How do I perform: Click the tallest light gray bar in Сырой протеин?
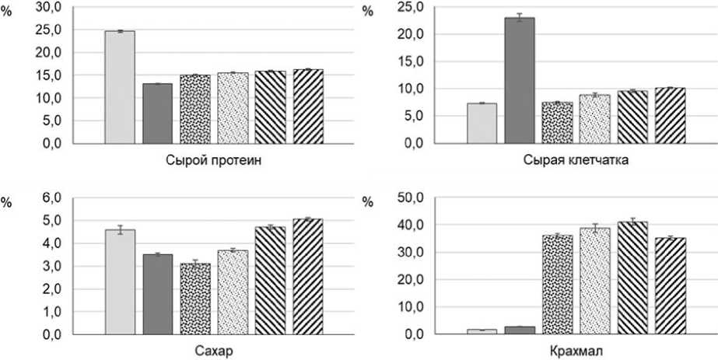(120, 87)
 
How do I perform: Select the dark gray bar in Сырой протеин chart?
(157, 114)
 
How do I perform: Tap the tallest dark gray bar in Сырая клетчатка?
(520, 80)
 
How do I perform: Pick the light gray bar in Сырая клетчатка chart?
(482, 124)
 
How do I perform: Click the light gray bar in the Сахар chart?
(120, 282)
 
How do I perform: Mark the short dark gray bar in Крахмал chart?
(520, 330)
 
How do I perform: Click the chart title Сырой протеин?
(212, 162)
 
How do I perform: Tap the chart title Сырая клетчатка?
(576, 162)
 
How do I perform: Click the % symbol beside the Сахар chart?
(6, 202)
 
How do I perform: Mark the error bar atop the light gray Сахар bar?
(120, 229)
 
